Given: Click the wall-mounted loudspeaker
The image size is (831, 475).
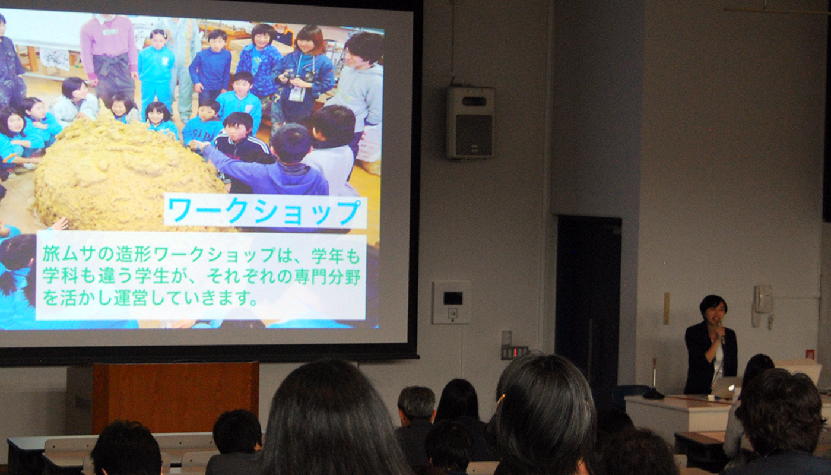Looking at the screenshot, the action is point(470,123).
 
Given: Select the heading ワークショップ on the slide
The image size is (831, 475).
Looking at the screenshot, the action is point(265,211).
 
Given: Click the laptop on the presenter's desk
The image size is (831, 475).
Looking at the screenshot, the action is point(726,387).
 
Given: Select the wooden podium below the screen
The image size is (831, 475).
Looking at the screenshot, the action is point(175,397).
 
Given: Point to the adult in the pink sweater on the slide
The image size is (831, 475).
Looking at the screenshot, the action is point(109,56).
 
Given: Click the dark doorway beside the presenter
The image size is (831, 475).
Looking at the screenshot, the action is point(588,304).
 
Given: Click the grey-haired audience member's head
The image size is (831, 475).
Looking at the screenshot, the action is point(416,405).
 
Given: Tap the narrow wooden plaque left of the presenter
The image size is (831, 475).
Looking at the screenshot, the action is point(666,309).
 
